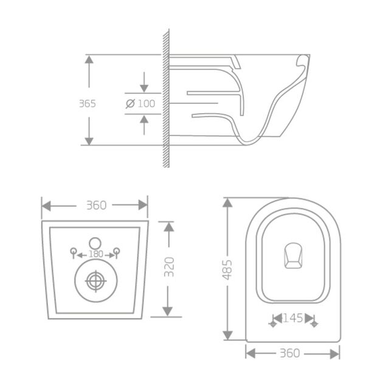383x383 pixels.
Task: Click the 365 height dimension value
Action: coord(88,103)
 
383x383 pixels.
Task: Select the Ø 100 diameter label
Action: coord(140,103)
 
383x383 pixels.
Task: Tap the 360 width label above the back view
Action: coord(95,205)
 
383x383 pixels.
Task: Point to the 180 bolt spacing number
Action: coord(95,254)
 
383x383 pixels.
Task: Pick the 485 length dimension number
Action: coord(228,269)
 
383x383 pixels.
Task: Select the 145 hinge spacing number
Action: coord(293,318)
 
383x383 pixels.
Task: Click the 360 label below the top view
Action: coord(292,353)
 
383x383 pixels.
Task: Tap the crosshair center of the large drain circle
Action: coord(95,281)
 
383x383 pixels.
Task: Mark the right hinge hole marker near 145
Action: coord(314,324)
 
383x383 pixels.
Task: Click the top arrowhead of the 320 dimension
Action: coord(170,226)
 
